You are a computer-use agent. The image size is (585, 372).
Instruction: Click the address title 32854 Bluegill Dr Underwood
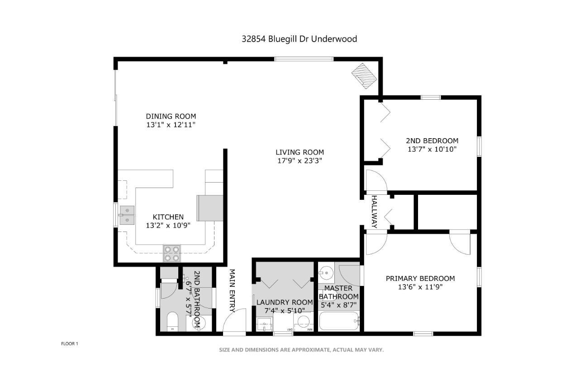(x=300, y=39)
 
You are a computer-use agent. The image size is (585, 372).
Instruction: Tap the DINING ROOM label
(x=171, y=116)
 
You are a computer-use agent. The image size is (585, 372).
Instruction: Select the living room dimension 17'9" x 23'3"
(x=300, y=160)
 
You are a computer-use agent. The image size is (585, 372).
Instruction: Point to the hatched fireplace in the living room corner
(x=364, y=76)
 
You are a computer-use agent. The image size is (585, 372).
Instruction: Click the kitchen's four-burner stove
(x=172, y=253)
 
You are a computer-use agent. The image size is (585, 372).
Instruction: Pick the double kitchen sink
(x=127, y=215)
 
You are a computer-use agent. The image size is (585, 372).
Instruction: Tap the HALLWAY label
(x=374, y=212)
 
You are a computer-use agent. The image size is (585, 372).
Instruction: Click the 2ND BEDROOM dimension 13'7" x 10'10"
(x=432, y=150)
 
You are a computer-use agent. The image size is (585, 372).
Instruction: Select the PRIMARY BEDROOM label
(x=420, y=278)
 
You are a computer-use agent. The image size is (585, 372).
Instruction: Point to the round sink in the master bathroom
(x=327, y=273)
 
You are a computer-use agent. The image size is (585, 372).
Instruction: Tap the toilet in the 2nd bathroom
(x=172, y=322)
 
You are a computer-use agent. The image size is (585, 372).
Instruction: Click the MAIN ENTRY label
(x=232, y=290)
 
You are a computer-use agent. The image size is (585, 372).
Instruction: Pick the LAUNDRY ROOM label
(x=285, y=302)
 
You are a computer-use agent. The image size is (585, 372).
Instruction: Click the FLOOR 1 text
(x=70, y=344)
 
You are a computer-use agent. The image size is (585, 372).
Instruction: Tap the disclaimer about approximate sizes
(x=301, y=350)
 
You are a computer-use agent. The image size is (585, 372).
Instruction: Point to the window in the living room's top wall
(x=304, y=59)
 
